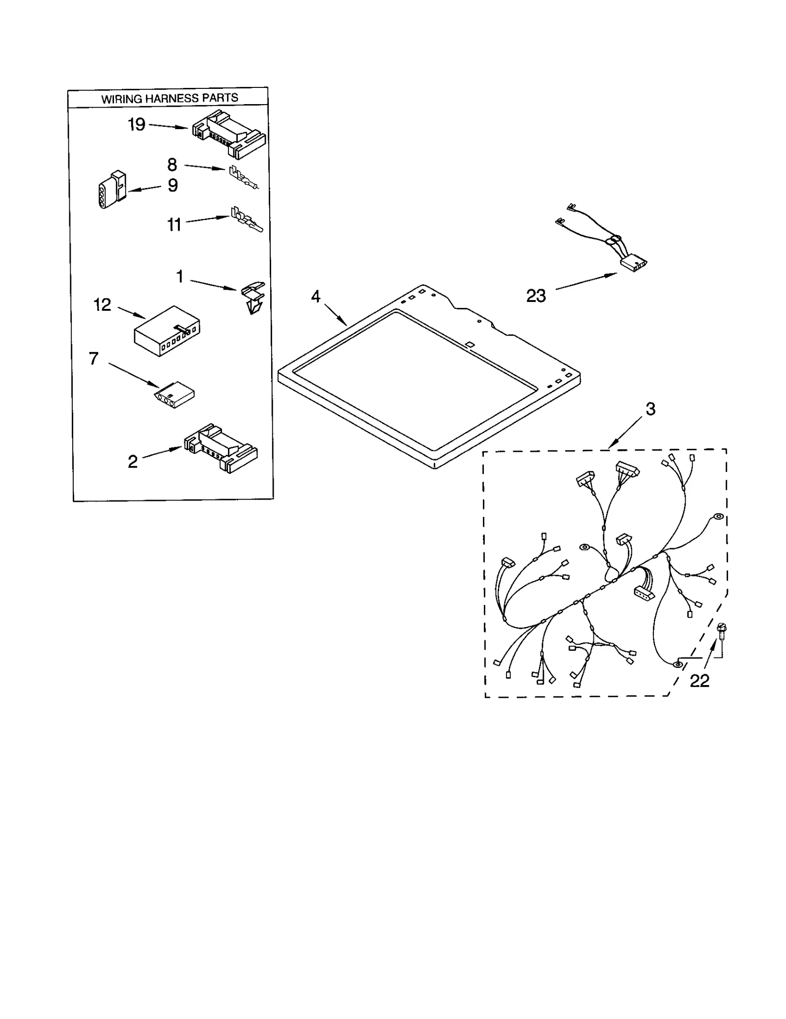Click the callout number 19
[x=137, y=124]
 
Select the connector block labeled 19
[x=229, y=136]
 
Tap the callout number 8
[x=172, y=165]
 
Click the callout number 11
[x=174, y=225]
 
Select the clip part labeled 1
[x=253, y=298]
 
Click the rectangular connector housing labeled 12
[x=167, y=331]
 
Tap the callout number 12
[x=102, y=305]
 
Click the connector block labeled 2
[x=221, y=447]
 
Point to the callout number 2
[x=133, y=462]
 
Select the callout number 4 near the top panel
[x=315, y=296]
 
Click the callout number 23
[x=536, y=296]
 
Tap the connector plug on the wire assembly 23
[x=634, y=264]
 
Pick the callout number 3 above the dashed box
[x=650, y=409]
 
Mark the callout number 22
[x=700, y=681]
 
